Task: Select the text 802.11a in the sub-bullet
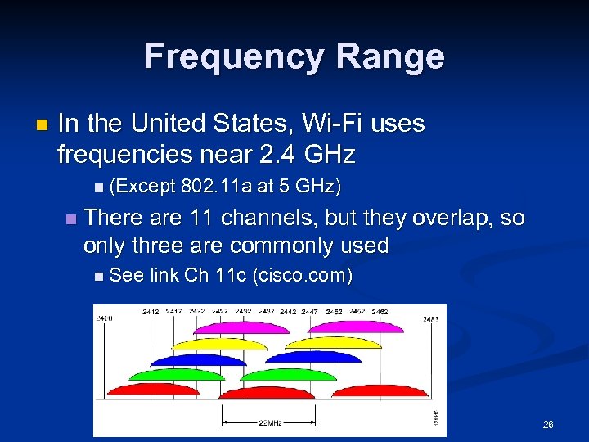(x=217, y=187)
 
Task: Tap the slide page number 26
(x=547, y=425)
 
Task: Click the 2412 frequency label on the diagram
(x=151, y=312)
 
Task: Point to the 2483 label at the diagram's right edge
(x=432, y=319)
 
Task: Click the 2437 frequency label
(x=266, y=312)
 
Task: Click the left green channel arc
(x=175, y=374)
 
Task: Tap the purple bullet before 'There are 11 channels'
(x=70, y=219)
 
